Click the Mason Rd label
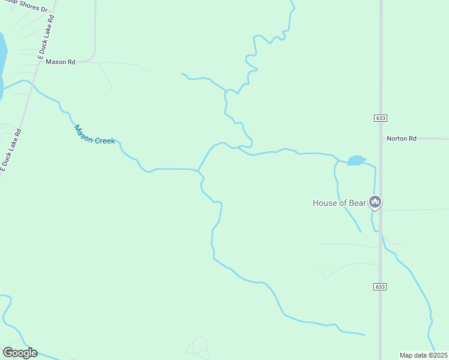click(x=60, y=62)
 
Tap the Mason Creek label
click(x=94, y=134)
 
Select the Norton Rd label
click(x=401, y=139)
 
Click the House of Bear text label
click(x=339, y=203)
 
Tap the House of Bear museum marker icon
click(x=376, y=202)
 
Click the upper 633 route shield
click(x=380, y=118)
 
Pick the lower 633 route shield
click(x=380, y=287)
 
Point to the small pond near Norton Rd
click(x=357, y=160)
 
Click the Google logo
click(x=20, y=353)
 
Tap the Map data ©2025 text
click(x=423, y=355)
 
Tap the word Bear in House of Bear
click(x=357, y=203)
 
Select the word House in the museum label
click(x=325, y=203)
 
